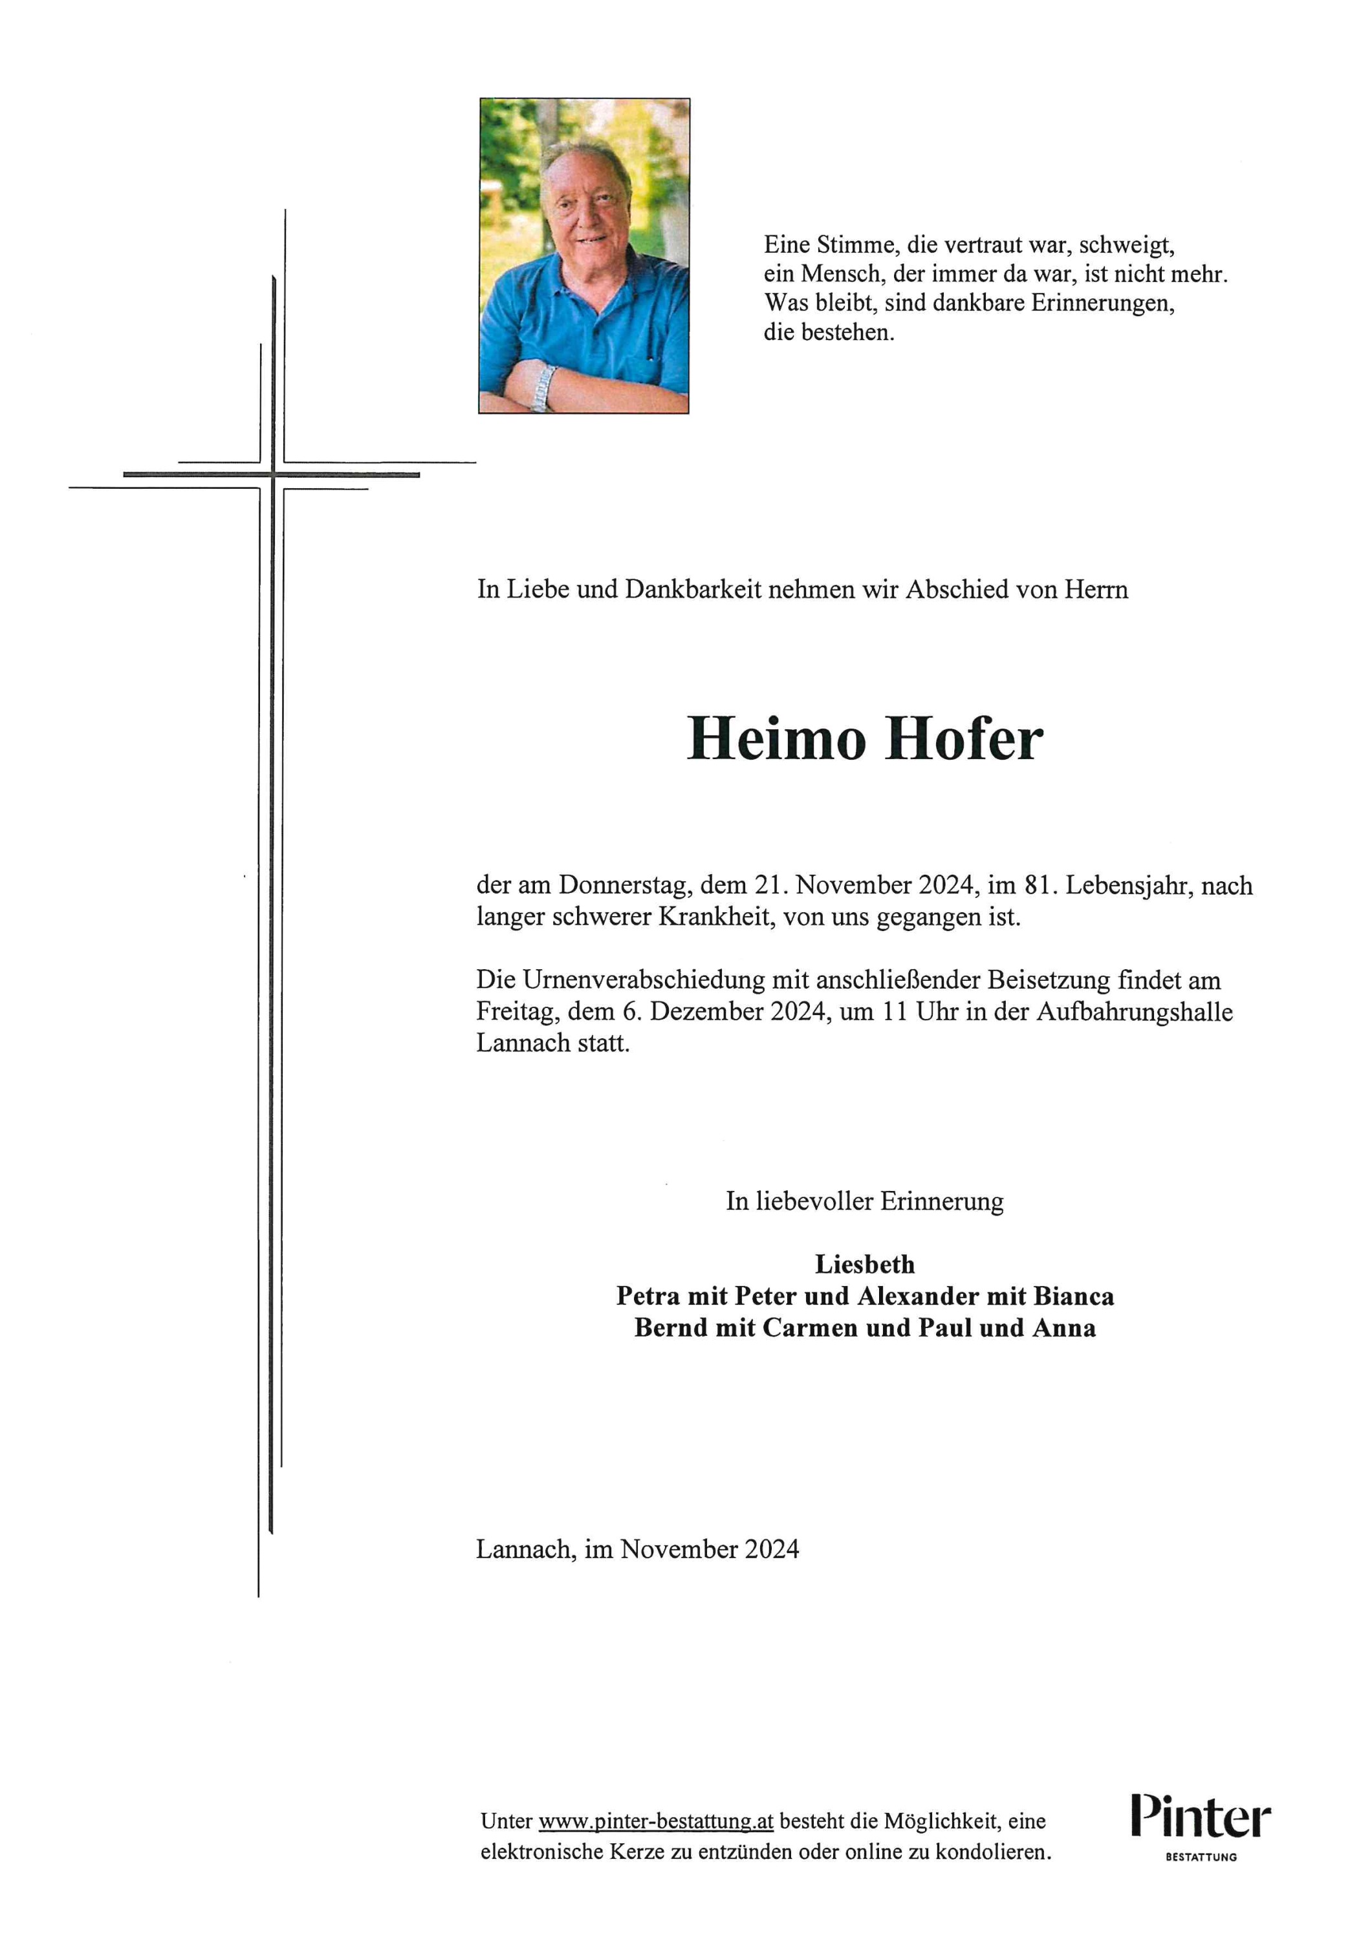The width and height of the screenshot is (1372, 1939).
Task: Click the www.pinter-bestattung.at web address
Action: [655, 1821]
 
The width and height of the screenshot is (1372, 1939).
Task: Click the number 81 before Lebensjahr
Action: [1038, 885]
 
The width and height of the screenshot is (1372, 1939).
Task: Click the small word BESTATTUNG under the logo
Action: [1201, 1857]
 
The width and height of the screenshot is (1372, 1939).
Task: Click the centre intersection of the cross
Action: [273, 475]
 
